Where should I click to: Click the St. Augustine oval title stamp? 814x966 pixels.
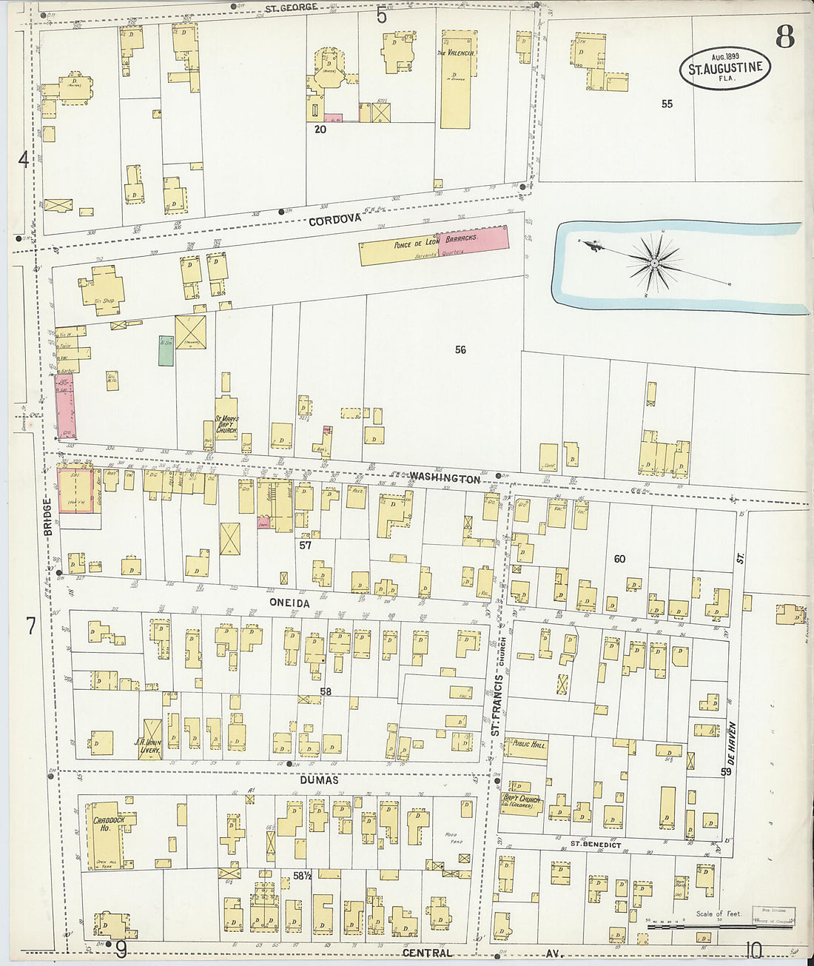pyautogui.click(x=725, y=68)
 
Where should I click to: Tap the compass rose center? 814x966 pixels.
pyautogui.click(x=655, y=263)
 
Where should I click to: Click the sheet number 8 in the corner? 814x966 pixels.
pyautogui.click(x=785, y=36)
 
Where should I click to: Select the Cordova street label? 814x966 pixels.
pyautogui.click(x=334, y=220)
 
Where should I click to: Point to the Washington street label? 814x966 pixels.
pyautogui.click(x=444, y=479)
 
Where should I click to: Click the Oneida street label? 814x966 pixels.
pyautogui.click(x=289, y=603)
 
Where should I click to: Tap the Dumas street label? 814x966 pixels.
pyautogui.click(x=320, y=779)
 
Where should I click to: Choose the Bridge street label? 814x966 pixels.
pyautogui.click(x=47, y=517)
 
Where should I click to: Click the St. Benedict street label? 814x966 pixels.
pyautogui.click(x=595, y=844)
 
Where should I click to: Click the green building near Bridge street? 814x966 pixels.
pyautogui.click(x=166, y=350)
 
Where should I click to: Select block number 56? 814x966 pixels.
pyautogui.click(x=460, y=349)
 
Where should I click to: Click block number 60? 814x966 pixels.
pyautogui.click(x=619, y=559)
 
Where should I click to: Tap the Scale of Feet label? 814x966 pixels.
pyautogui.click(x=719, y=913)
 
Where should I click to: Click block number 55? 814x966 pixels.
pyautogui.click(x=667, y=104)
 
